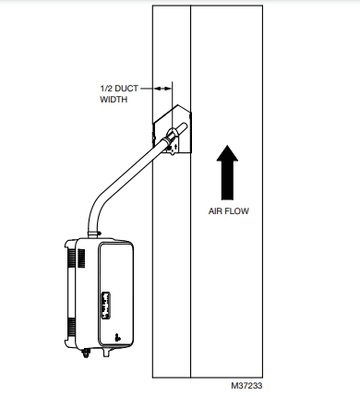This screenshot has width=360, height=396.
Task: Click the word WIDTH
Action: coord(114,99)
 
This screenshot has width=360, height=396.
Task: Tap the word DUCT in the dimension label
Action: coord(127,88)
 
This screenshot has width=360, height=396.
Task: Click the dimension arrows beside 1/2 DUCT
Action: coord(162,88)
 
